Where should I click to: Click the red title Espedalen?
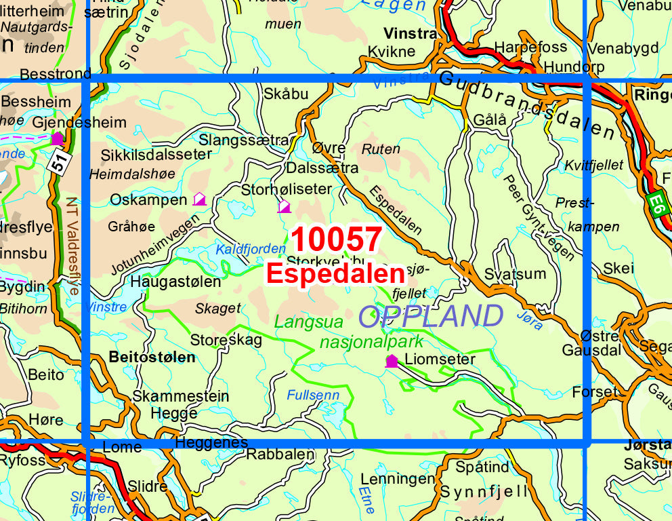(335, 273)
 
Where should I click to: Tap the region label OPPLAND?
(430, 317)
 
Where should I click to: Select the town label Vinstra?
(410, 33)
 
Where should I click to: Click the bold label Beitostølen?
(152, 357)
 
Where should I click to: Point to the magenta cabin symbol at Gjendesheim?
(58, 138)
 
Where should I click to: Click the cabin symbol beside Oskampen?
(199, 199)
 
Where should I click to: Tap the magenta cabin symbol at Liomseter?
(392, 360)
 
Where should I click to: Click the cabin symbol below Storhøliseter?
(284, 206)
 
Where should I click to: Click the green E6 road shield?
(656, 204)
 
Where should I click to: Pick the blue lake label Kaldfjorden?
(242, 249)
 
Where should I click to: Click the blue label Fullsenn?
(312, 393)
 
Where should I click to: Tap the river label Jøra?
(529, 320)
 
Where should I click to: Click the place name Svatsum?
(515, 274)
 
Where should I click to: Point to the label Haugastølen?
(175, 281)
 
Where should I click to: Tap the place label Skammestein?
(181, 396)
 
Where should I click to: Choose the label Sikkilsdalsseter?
(156, 155)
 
